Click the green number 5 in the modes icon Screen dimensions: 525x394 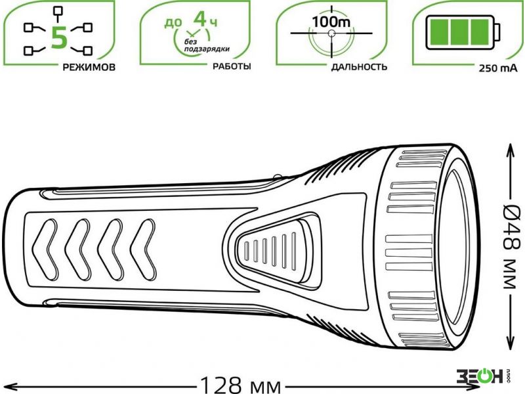[x=60, y=37]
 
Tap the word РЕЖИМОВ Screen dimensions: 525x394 [x=89, y=68]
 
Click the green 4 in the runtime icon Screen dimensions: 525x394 [x=200, y=19]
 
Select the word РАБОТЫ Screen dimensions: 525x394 [x=232, y=66]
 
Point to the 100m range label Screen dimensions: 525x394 [x=331, y=22]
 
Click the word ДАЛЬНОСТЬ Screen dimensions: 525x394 [x=359, y=67]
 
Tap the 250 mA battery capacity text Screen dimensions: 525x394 [x=498, y=68]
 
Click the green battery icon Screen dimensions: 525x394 [x=463, y=32]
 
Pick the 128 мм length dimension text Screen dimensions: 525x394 [x=240, y=385]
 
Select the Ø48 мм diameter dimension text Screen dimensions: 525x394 [x=513, y=246]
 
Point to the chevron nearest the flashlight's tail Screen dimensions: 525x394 [x=45, y=250]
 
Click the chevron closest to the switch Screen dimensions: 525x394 [x=143, y=250]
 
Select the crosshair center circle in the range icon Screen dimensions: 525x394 [x=331, y=33]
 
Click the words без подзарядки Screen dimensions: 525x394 [x=207, y=45]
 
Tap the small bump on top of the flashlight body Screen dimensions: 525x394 [x=278, y=176]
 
